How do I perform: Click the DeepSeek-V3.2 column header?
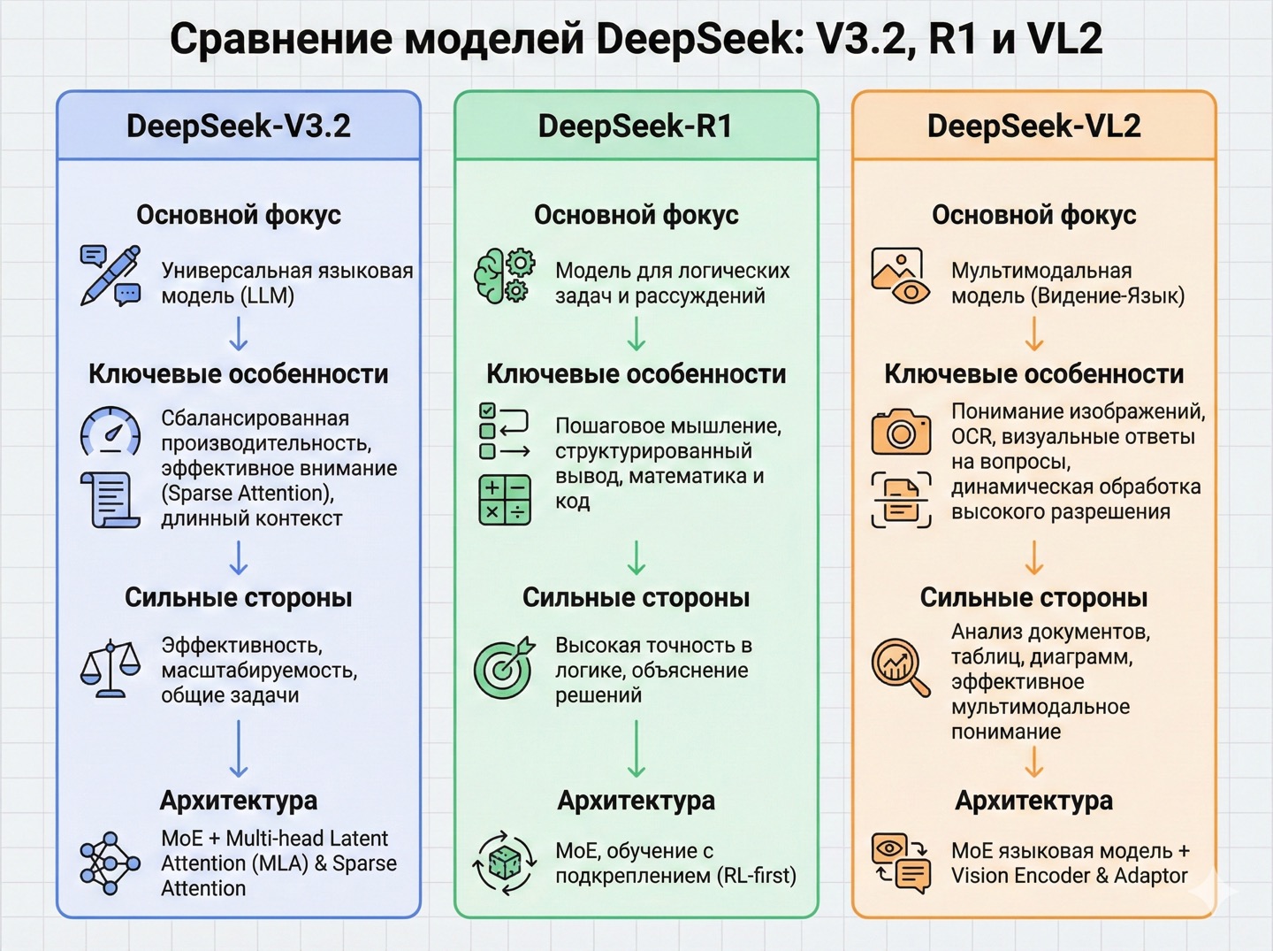[239, 126]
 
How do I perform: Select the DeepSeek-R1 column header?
[636, 126]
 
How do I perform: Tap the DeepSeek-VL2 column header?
[1033, 126]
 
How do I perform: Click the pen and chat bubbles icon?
[111, 276]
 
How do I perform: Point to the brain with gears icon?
[505, 276]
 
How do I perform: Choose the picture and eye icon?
[900, 276]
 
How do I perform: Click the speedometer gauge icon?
[111, 431]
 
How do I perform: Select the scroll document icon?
[111, 500]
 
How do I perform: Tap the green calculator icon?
[505, 500]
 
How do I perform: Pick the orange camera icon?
[901, 431]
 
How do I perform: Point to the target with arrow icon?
[505, 668]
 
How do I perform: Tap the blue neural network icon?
[111, 863]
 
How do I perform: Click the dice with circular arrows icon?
[505, 863]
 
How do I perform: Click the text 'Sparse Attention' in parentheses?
[247, 493]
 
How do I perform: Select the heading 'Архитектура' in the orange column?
[1033, 801]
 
